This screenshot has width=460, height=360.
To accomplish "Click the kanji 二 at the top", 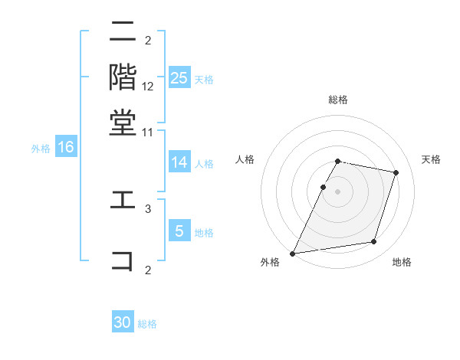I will click(123, 32).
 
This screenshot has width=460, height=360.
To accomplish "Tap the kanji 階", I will click(123, 77).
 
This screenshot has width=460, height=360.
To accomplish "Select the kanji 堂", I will click(123, 123).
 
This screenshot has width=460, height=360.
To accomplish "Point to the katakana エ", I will click(123, 200).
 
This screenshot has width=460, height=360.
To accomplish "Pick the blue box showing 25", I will click(179, 78).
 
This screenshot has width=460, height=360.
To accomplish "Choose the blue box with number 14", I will click(179, 162).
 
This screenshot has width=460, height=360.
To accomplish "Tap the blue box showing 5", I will click(179, 231).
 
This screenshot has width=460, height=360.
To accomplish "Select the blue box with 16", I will click(66, 148).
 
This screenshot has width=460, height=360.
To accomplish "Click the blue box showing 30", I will click(123, 323).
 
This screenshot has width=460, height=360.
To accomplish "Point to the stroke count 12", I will click(148, 87).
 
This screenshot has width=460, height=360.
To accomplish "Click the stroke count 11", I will click(148, 133).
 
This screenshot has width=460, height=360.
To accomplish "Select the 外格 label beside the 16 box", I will click(40, 149).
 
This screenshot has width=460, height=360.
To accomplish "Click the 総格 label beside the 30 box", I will click(147, 324).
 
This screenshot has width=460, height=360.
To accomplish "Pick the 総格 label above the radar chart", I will click(337, 100).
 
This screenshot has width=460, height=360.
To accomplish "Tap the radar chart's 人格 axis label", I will click(245, 159).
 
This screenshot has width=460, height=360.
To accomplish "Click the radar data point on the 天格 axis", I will click(396, 172).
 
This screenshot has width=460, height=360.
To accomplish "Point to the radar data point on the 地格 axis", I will click(373, 242).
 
